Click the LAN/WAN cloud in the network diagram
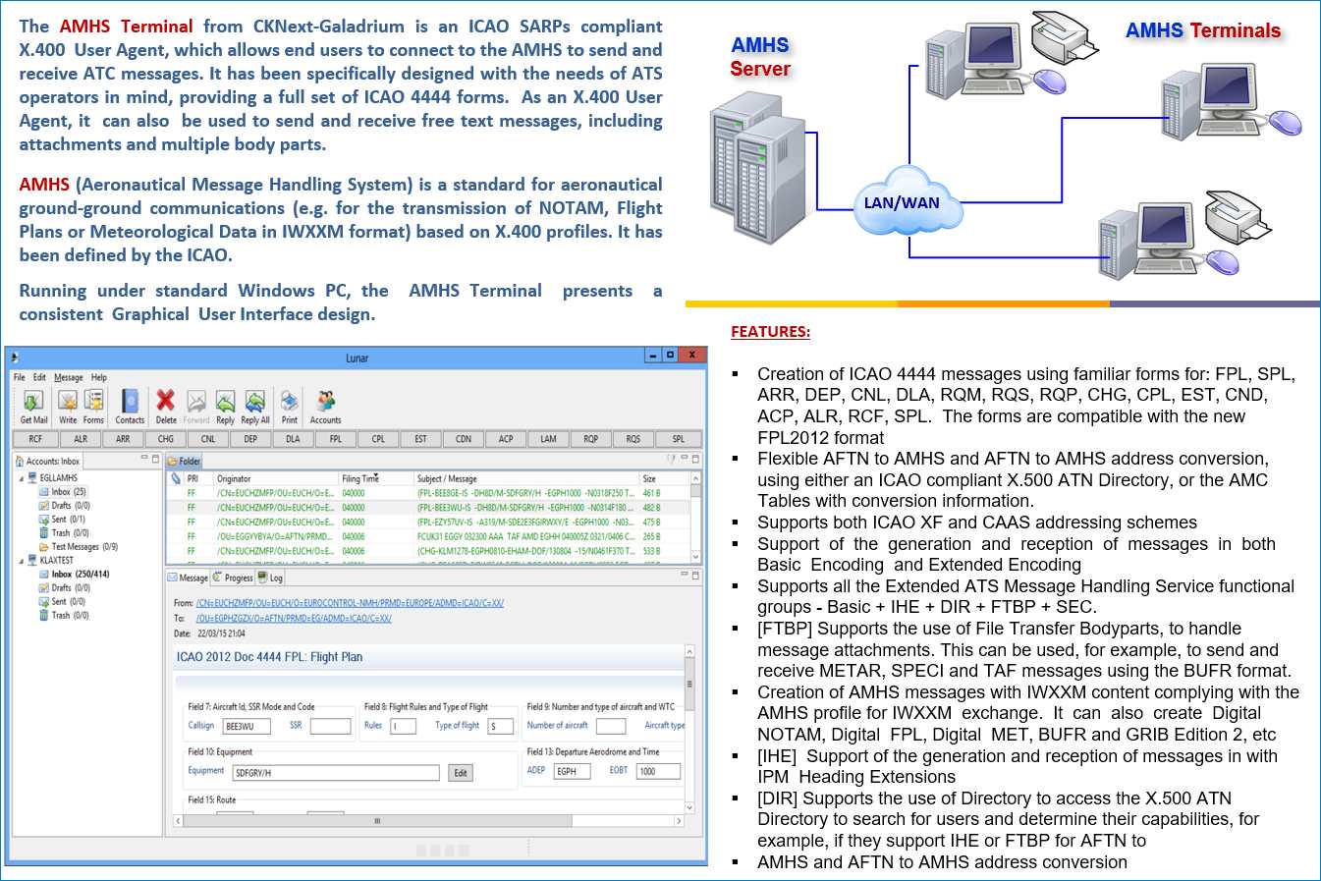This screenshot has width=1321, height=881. (x=901, y=204)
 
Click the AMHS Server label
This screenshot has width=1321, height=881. (x=759, y=57)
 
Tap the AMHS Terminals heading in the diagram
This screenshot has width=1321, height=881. (x=1202, y=30)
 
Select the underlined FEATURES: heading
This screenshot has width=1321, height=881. (x=770, y=332)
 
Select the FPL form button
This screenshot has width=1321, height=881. (x=336, y=439)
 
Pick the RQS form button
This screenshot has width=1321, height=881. (x=633, y=439)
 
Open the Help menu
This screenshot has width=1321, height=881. (x=99, y=377)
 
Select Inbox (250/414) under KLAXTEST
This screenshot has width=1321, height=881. (x=80, y=575)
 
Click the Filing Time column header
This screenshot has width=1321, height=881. (x=360, y=479)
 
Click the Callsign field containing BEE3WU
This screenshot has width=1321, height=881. (x=246, y=727)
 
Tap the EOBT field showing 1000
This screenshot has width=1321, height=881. (x=656, y=772)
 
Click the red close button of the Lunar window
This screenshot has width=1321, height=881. (x=691, y=356)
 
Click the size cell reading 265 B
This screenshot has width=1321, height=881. (x=651, y=537)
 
